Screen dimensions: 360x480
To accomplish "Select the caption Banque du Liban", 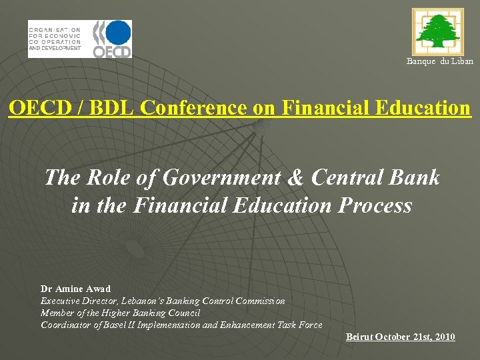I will pyautogui.click(x=440, y=61).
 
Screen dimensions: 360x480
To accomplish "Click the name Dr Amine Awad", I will pyautogui.click(x=75, y=289).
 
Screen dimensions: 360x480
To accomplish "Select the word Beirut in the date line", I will pyautogui.click(x=359, y=337).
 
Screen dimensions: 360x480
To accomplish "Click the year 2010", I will pyautogui.click(x=443, y=337).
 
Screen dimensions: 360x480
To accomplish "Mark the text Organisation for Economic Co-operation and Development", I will pyautogui.click(x=55, y=39).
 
